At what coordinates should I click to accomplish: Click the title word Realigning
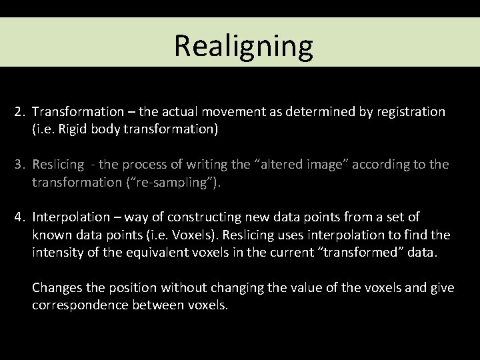[243, 46]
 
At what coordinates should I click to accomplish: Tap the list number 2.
[19, 111]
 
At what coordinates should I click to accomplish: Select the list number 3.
[19, 164]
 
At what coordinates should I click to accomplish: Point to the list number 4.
[19, 217]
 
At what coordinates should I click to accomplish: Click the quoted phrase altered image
[286, 164]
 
